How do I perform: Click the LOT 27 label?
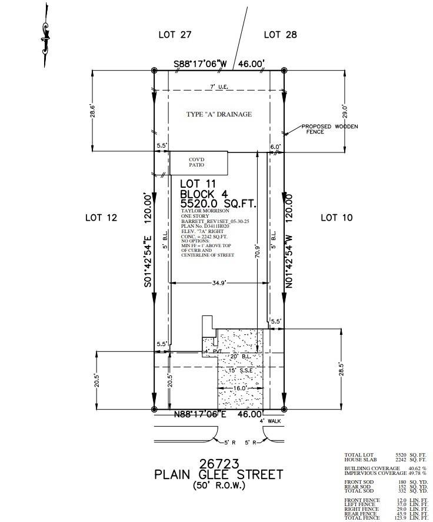tap(175, 35)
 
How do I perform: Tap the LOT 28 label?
tap(281, 35)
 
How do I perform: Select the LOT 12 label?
tap(101, 218)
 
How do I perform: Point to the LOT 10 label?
tap(337, 218)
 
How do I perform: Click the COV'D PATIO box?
tap(198, 162)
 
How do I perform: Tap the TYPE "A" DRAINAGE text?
tap(219, 114)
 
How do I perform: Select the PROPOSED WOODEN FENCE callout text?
tap(329, 129)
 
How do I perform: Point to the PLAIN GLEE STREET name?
tap(218, 474)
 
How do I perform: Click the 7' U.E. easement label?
tap(219, 88)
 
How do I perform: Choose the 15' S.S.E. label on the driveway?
tap(240, 370)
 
